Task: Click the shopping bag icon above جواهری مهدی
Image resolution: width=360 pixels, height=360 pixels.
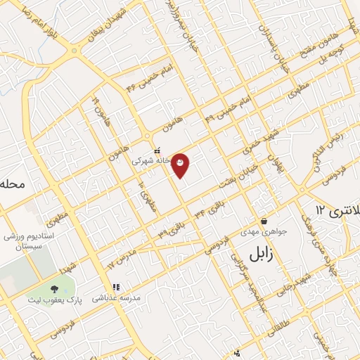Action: pyautogui.click(x=264, y=221)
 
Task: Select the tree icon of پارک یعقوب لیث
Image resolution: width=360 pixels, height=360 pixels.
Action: pyautogui.click(x=54, y=290)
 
